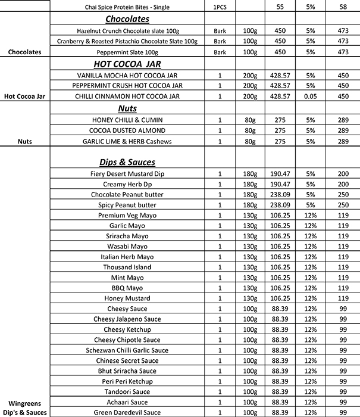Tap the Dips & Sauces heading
pos(127,162)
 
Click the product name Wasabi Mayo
pos(127,246)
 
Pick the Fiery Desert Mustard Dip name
pos(127,173)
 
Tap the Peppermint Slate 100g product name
pos(127,52)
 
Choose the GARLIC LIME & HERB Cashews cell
pos(127,141)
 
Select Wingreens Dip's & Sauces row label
pos(25,407)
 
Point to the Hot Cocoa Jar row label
pos(25,97)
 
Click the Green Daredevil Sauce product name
pos(127,412)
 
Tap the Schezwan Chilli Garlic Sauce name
pos(127,350)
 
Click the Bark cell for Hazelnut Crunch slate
pos(220,30)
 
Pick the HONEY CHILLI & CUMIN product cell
pos(127,120)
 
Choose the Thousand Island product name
pos(127,267)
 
